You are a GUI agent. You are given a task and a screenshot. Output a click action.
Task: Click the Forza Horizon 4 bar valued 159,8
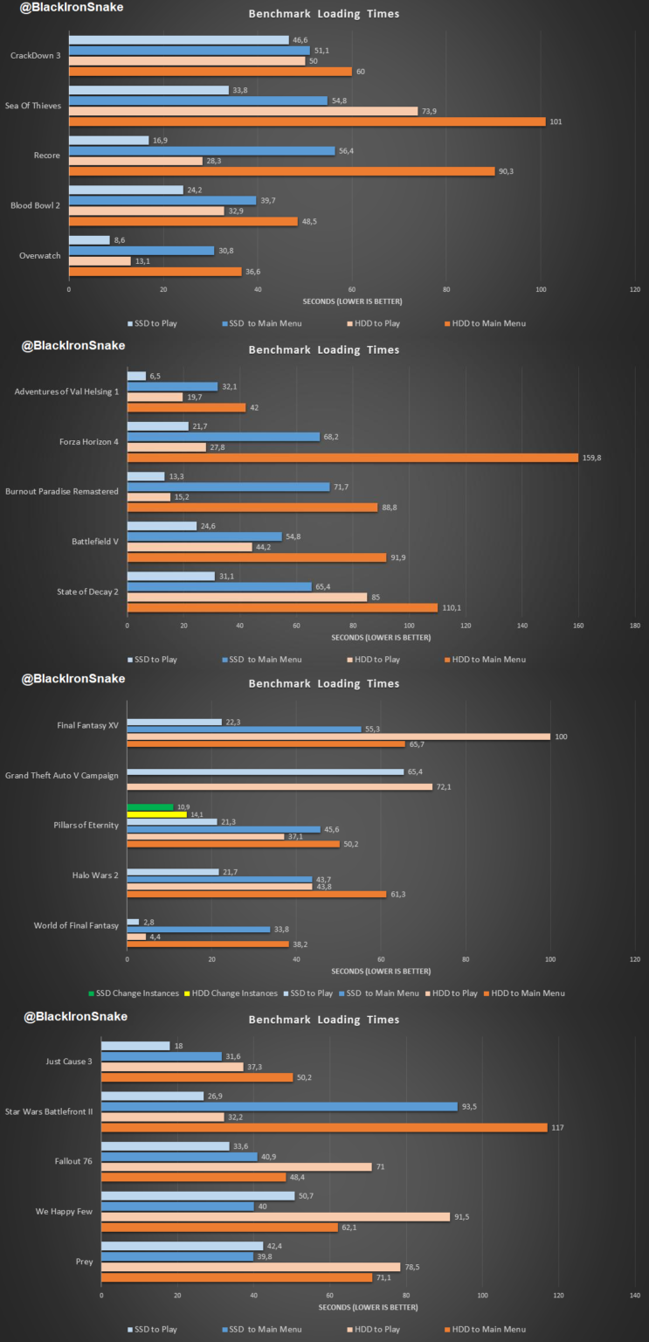point(352,457)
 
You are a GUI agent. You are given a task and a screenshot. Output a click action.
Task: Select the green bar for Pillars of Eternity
point(150,806)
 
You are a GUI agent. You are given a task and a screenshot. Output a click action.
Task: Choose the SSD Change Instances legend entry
point(134,993)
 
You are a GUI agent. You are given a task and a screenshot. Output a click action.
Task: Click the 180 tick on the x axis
point(635,626)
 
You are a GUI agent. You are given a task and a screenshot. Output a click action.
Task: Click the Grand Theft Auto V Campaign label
point(61,775)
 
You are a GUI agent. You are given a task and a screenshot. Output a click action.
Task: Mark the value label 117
point(557,1127)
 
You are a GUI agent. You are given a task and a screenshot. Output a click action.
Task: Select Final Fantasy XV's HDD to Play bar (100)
point(338,737)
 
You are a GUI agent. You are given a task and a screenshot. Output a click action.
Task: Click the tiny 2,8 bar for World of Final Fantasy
point(133,922)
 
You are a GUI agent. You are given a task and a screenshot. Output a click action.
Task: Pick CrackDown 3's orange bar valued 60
point(210,72)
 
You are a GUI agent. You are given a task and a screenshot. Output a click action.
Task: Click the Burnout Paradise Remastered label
point(62,491)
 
